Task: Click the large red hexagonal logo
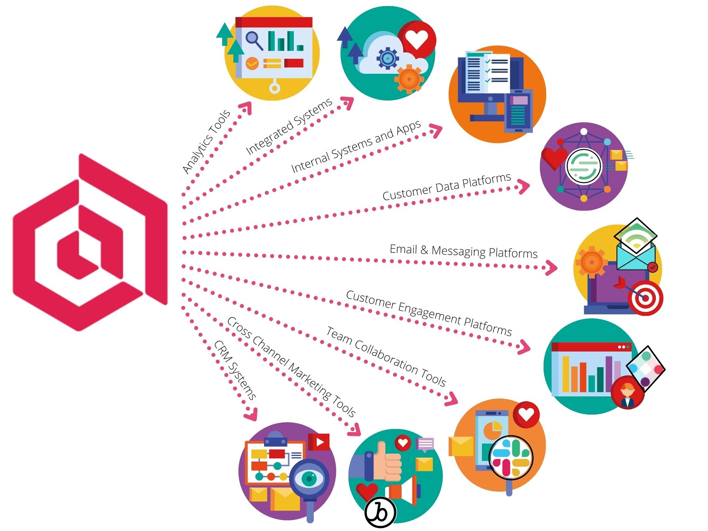click(x=90, y=242)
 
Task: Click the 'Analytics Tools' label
click(x=207, y=142)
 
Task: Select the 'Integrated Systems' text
click(x=289, y=126)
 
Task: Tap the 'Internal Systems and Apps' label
click(x=356, y=146)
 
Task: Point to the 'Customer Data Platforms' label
click(x=447, y=187)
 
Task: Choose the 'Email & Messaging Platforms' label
click(x=464, y=251)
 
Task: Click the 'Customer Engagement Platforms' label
click(x=429, y=313)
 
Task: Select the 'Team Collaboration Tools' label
click(x=386, y=356)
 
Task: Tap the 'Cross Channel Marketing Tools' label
click(x=291, y=367)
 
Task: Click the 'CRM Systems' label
click(x=235, y=370)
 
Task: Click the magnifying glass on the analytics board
click(x=254, y=40)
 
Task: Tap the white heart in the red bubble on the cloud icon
click(x=416, y=40)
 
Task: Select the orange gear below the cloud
click(x=409, y=79)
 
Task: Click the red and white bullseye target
click(x=646, y=297)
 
